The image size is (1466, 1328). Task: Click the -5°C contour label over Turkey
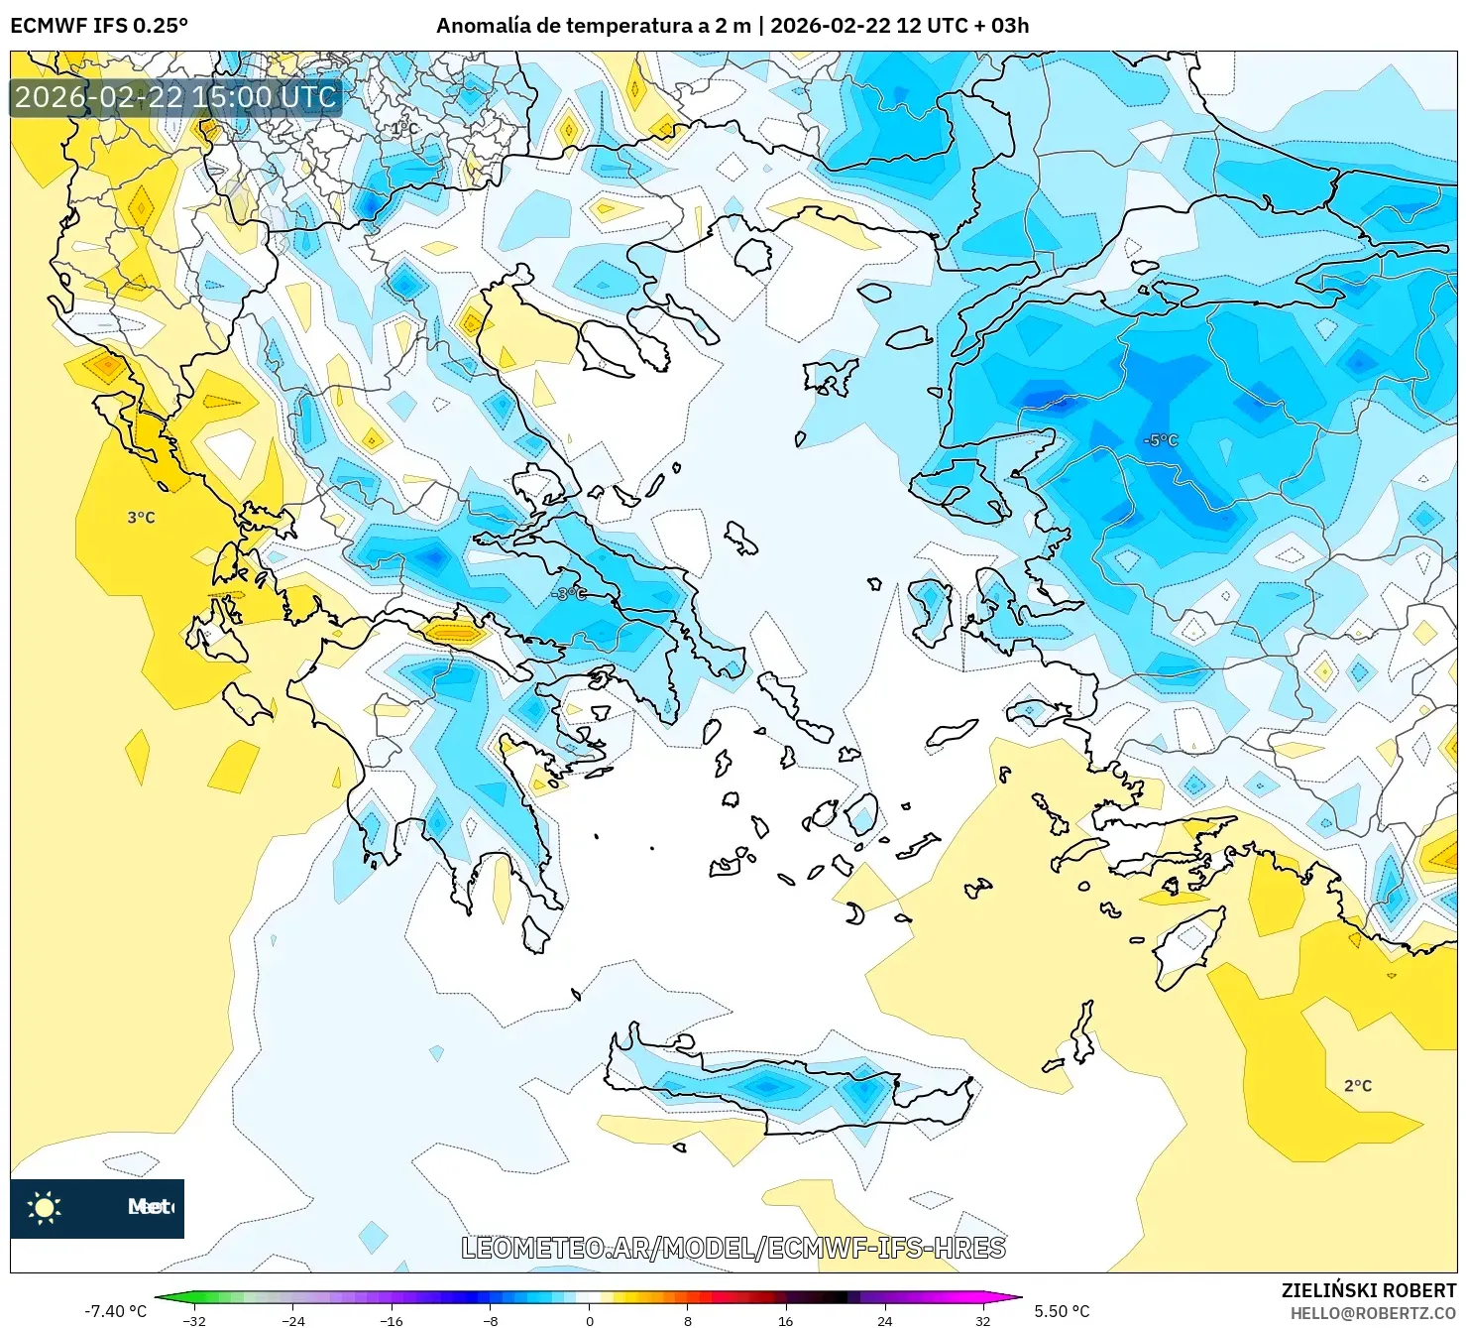[x=1160, y=439]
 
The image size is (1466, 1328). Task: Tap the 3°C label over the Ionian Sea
[x=141, y=518]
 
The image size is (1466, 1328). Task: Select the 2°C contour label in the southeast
[x=1357, y=1086]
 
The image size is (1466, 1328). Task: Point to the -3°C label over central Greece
[x=569, y=593]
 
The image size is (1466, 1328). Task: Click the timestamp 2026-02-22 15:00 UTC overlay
[x=175, y=97]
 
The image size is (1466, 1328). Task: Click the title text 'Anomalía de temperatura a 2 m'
[x=593, y=26]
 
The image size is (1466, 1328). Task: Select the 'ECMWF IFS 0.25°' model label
[x=99, y=26]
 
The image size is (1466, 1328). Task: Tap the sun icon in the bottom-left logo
[x=45, y=1207]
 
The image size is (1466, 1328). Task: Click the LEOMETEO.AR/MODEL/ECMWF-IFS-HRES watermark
[x=733, y=1248]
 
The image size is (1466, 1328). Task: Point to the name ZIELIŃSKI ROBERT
[x=1368, y=1290]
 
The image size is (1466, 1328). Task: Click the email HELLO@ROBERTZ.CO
[x=1373, y=1313]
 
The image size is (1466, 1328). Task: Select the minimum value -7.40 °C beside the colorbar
[x=115, y=1311]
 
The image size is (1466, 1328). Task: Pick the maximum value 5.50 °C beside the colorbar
[x=1062, y=1311]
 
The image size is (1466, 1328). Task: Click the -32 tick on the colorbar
[x=194, y=1320]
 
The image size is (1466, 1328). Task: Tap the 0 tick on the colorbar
[x=590, y=1320]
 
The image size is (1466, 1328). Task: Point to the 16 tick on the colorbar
[x=786, y=1320]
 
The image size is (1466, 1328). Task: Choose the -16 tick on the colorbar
[x=392, y=1320]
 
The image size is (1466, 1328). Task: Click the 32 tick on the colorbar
[x=982, y=1320]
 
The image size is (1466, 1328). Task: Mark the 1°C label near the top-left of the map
[x=404, y=129]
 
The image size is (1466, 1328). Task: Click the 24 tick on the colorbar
[x=884, y=1320]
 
